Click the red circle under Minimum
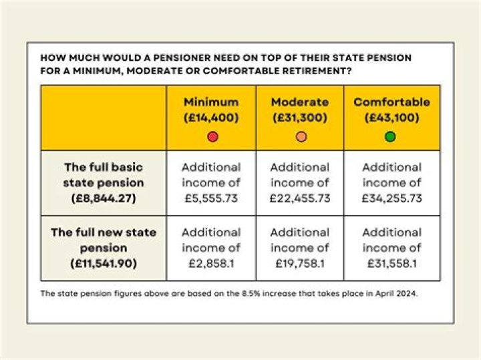[x=212, y=137]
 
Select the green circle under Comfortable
[x=391, y=137]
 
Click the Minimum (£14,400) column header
[x=211, y=109]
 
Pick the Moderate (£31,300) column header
[x=300, y=109]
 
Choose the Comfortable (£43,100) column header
[x=391, y=109]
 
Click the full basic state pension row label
[x=104, y=182]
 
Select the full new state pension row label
[x=104, y=248]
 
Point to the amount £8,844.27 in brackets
[x=104, y=198]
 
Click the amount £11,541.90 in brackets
[x=104, y=264]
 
